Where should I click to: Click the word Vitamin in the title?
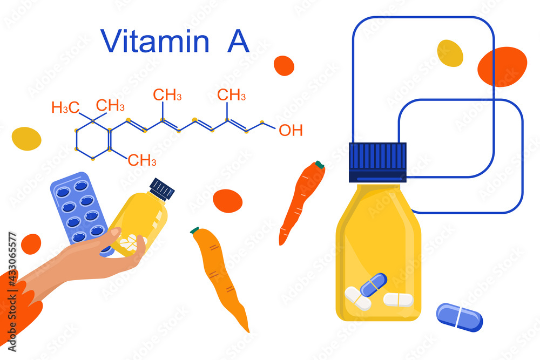coord(155,41)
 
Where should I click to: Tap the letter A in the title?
coord(238,41)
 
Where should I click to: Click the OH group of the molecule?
coord(291,130)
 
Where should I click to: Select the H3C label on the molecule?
coord(65,107)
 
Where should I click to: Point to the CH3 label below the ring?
coord(142,160)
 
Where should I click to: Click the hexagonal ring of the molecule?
coord(93,140)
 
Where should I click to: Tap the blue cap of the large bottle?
coord(377,161)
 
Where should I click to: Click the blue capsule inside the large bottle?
coord(373,284)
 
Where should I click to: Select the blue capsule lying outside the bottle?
coord(460,316)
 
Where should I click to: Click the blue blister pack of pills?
coord(79,208)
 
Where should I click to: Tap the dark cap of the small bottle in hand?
coord(162,188)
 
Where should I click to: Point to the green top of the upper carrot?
coord(320,164)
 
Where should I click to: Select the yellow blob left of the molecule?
coord(26,138)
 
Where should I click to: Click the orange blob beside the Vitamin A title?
coord(284,65)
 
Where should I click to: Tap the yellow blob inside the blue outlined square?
coord(450,53)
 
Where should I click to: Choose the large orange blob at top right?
coord(502,66)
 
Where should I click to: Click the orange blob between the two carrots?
coord(227,201)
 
